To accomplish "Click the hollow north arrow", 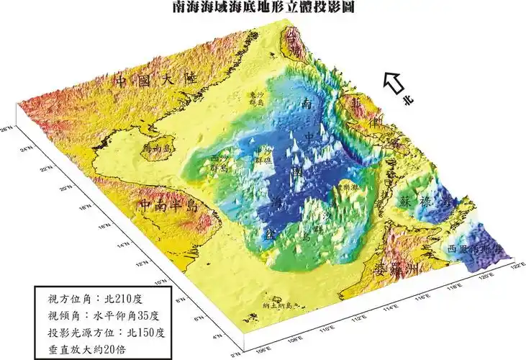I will [x=394, y=83].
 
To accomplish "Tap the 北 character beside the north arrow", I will [x=409, y=102].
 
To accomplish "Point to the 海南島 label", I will [x=160, y=148].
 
